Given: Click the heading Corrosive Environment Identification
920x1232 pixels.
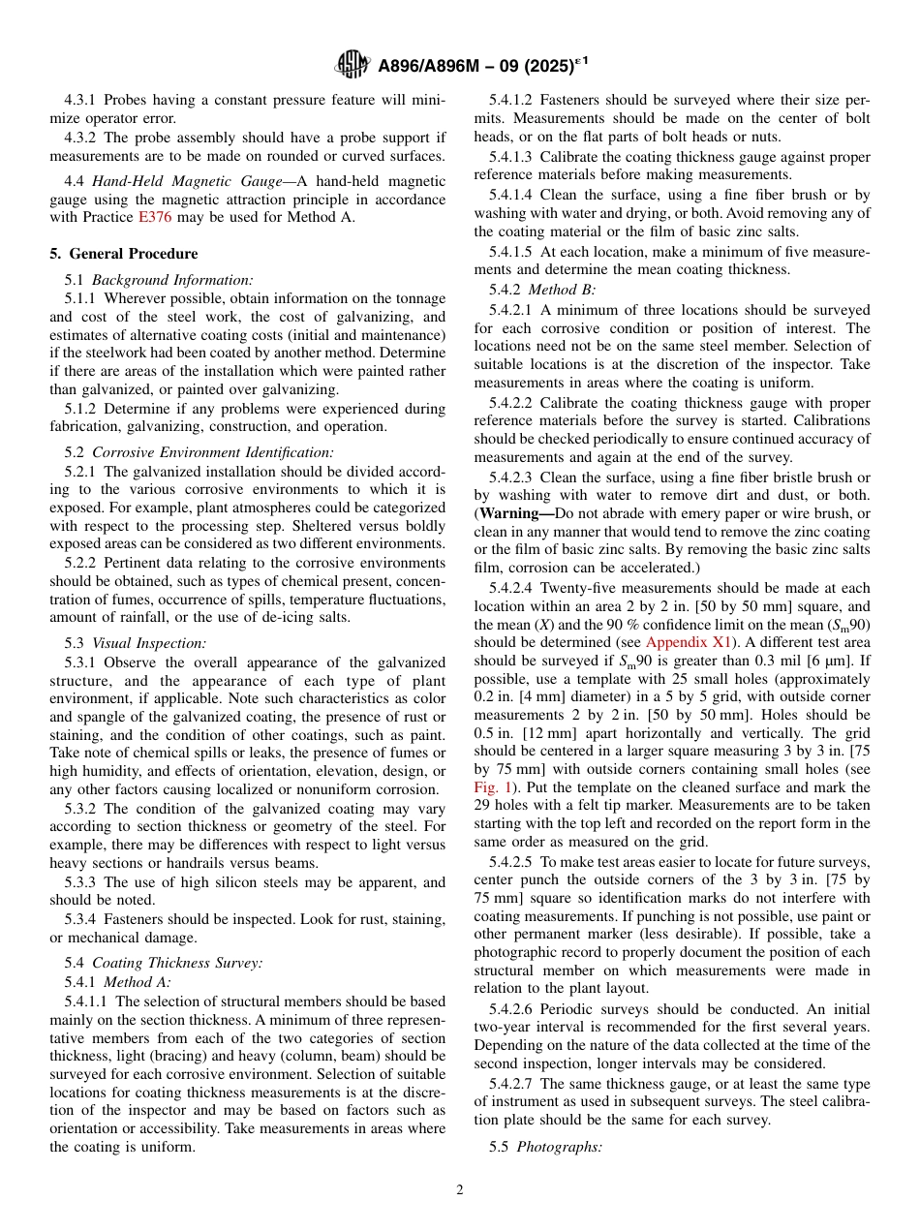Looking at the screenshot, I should click(x=212, y=452).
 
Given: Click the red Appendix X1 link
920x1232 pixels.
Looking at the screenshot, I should click(x=690, y=642).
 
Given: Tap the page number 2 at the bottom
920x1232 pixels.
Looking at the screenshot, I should click(x=459, y=1190).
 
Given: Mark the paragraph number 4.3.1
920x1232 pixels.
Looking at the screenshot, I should click(x=82, y=100).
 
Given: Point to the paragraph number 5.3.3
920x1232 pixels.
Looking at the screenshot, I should click(x=82, y=882).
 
